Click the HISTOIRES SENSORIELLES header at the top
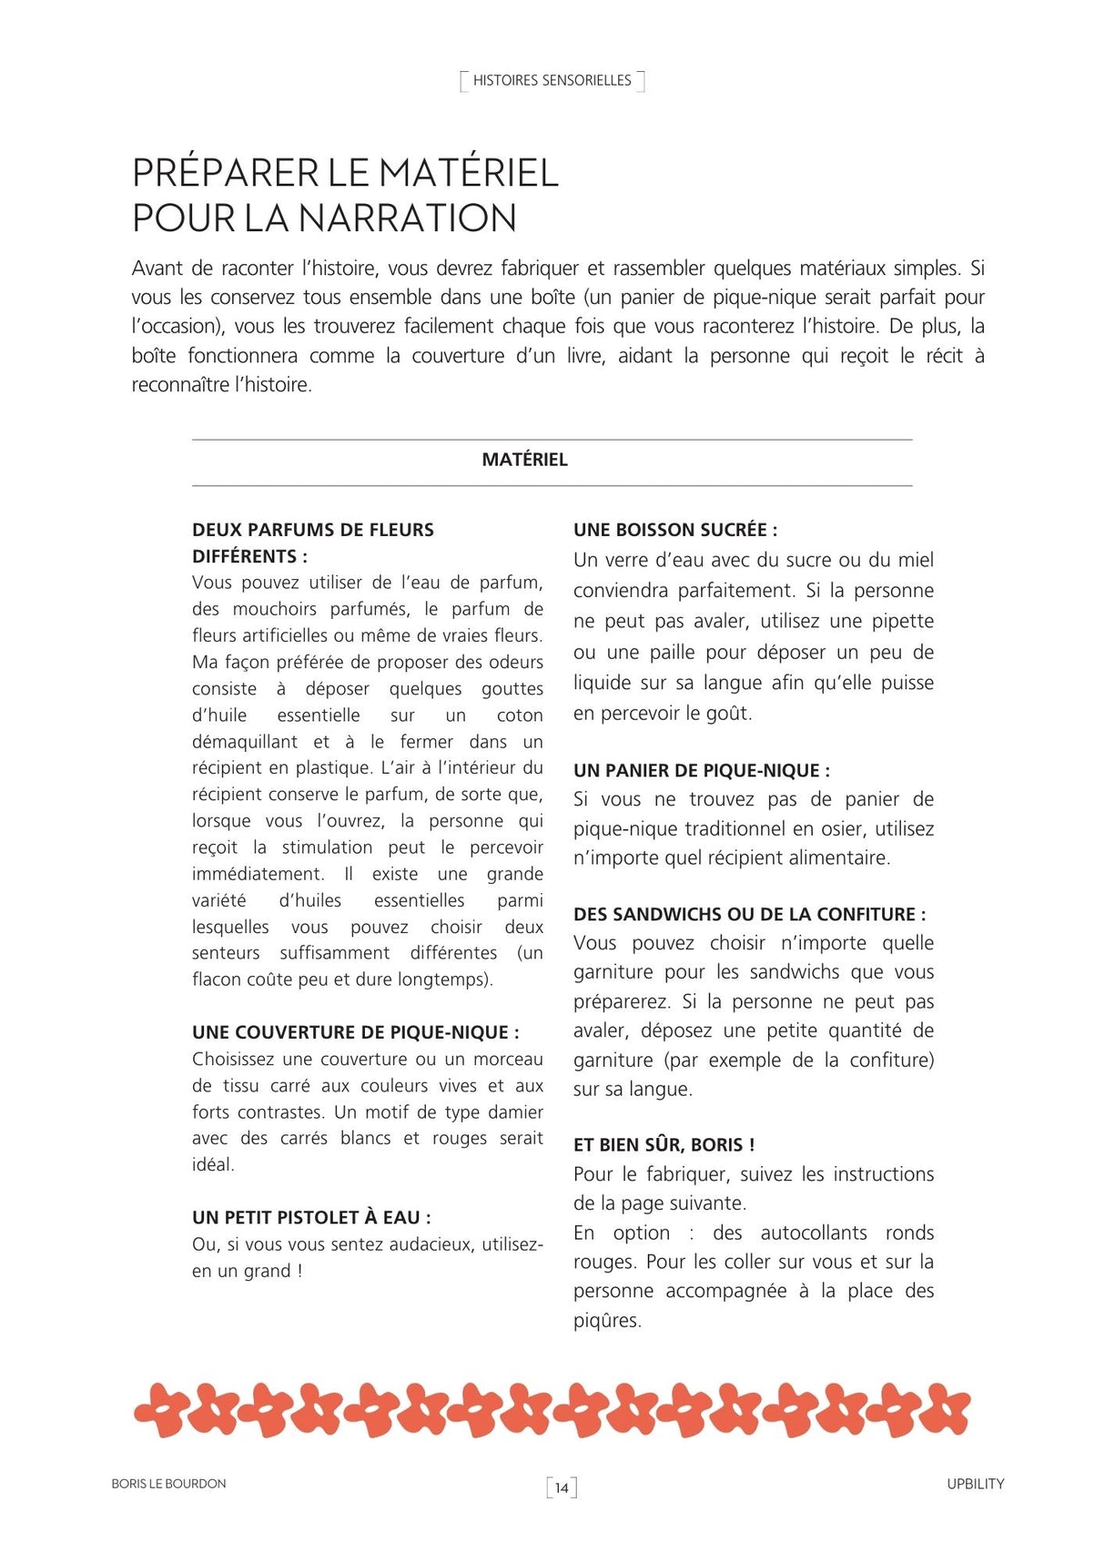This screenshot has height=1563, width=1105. point(552,81)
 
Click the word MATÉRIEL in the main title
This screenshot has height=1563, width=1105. point(468,173)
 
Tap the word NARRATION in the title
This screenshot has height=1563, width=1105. point(407,218)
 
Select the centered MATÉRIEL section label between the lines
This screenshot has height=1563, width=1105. point(524,460)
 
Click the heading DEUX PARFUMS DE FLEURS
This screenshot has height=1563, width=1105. point(312,530)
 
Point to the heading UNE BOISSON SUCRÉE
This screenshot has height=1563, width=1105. point(674,530)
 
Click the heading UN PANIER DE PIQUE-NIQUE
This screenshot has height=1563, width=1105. point(701,770)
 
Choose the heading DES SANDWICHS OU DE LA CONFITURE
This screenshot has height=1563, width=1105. point(749,914)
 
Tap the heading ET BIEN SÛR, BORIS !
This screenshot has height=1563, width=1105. point(664,1144)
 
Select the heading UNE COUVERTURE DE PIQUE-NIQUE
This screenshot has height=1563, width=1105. point(355,1032)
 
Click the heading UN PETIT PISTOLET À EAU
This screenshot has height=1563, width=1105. point(311,1217)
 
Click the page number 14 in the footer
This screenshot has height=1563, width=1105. point(562,1487)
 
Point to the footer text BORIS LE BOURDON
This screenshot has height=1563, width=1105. point(168,1484)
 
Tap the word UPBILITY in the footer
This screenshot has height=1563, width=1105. point(975,1484)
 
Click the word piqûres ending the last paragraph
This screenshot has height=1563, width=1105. point(606,1321)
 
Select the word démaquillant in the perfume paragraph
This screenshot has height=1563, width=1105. point(244,742)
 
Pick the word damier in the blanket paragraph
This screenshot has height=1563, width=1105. point(515,1112)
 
